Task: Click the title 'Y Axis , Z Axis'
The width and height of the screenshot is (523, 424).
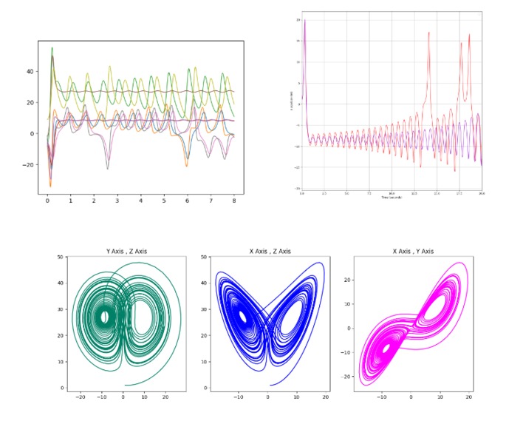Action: [x=126, y=252]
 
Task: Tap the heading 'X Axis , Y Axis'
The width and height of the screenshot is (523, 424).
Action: [x=413, y=252]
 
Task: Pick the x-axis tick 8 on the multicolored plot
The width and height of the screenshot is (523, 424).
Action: [x=234, y=201]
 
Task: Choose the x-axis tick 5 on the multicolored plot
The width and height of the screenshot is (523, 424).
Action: [x=164, y=201]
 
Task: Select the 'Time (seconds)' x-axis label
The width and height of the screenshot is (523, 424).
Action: [x=392, y=198]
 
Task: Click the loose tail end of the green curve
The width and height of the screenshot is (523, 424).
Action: [x=125, y=385]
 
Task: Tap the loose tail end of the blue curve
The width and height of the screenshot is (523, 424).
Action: [x=270, y=385]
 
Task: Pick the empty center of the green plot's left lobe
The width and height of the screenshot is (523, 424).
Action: [x=104, y=317]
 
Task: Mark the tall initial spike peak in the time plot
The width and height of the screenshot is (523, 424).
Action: [x=304, y=21]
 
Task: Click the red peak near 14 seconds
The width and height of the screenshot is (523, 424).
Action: [x=428, y=33]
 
